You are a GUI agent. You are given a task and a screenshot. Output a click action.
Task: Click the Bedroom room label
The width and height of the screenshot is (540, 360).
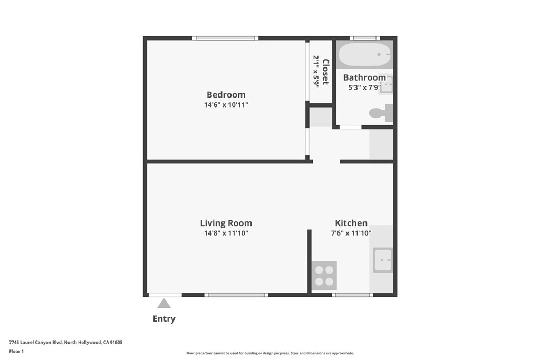point(226,95)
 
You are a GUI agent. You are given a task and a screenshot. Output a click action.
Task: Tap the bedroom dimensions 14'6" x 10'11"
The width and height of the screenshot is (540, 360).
point(226,105)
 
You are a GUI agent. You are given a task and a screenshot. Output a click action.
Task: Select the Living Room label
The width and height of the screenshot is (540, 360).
point(226,223)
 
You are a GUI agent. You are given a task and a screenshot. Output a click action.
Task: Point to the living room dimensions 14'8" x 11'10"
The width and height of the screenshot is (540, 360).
point(226,233)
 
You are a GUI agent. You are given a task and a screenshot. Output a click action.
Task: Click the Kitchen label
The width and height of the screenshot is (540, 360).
point(351,223)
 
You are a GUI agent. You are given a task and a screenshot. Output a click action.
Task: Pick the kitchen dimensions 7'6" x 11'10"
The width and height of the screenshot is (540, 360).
point(351,233)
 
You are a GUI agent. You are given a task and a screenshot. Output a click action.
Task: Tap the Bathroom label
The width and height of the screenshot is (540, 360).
point(364,77)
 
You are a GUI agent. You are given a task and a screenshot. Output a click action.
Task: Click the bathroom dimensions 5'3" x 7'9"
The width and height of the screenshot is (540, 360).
point(363,87)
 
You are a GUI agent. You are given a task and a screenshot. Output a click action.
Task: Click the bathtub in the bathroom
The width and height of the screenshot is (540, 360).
point(364,54)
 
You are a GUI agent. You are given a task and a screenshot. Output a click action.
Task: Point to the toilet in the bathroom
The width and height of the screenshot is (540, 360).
point(381,112)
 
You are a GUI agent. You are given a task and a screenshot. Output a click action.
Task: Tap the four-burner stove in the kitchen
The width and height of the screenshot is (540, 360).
point(324,275)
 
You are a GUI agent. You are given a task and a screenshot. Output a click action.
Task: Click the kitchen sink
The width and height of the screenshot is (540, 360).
point(382,260)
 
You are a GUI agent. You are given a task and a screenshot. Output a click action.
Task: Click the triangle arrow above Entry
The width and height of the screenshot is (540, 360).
point(164,304)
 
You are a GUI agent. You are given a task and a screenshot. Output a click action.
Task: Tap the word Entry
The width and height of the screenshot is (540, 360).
point(164,318)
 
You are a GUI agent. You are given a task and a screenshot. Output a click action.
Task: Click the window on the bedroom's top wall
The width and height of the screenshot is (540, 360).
point(225,38)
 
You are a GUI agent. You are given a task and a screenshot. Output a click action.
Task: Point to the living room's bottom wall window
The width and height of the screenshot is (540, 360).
point(236,295)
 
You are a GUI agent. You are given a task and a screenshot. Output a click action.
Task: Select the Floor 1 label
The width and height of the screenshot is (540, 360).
point(16,351)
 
